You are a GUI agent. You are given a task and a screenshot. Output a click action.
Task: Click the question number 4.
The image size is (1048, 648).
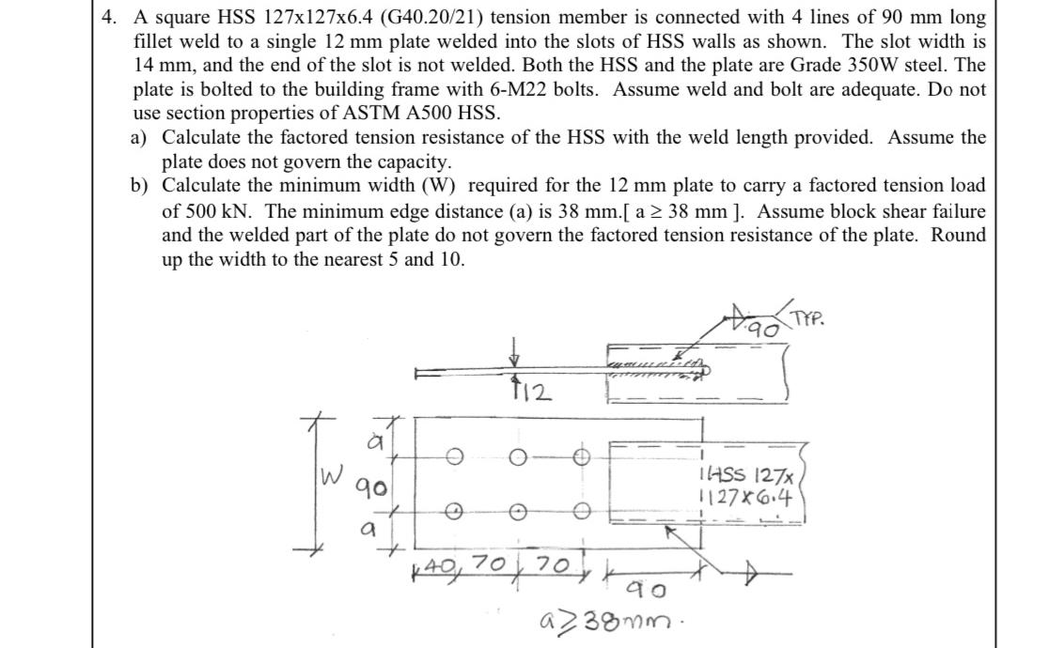pyautogui.click(x=108, y=17)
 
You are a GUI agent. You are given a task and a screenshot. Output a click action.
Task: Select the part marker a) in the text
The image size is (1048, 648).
pyautogui.click(x=137, y=138)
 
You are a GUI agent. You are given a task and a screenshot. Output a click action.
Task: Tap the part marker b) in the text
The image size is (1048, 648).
pyautogui.click(x=138, y=186)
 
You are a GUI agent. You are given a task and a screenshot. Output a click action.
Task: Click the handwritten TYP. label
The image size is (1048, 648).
pyautogui.click(x=808, y=318)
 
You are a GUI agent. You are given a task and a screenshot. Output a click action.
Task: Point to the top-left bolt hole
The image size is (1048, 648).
pyautogui.click(x=455, y=457)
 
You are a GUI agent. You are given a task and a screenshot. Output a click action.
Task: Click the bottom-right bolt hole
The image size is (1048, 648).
pyautogui.click(x=582, y=512)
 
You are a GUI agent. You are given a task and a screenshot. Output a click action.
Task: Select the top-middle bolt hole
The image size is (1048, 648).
pyautogui.click(x=517, y=457)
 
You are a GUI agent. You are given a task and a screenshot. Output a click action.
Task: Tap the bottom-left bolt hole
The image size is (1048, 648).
pyautogui.click(x=455, y=512)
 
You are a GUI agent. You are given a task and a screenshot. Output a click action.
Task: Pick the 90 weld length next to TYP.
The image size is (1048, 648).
pyautogui.click(x=763, y=330)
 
